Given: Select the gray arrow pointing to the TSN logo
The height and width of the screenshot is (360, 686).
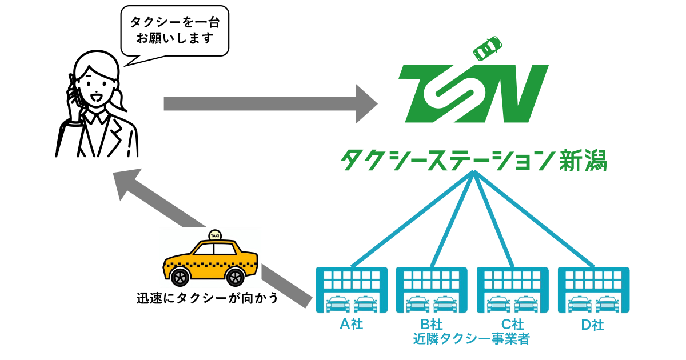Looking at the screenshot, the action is (x=269, y=103).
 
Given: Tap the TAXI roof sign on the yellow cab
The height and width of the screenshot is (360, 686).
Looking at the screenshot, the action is (x=215, y=235).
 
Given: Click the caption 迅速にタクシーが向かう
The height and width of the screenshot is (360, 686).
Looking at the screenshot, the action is (x=207, y=298).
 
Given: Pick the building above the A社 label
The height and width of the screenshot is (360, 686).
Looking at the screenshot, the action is (x=352, y=290).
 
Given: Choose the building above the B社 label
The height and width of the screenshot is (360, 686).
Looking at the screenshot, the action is (x=432, y=290).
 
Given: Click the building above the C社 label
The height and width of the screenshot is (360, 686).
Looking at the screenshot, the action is (x=513, y=290).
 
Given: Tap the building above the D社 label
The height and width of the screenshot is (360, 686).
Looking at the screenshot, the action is (x=593, y=290).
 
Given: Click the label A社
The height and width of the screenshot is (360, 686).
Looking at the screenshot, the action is (x=352, y=324).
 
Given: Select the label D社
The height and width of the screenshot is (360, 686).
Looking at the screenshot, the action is (x=593, y=325).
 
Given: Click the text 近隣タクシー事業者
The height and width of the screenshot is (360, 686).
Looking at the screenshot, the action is (x=471, y=339).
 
